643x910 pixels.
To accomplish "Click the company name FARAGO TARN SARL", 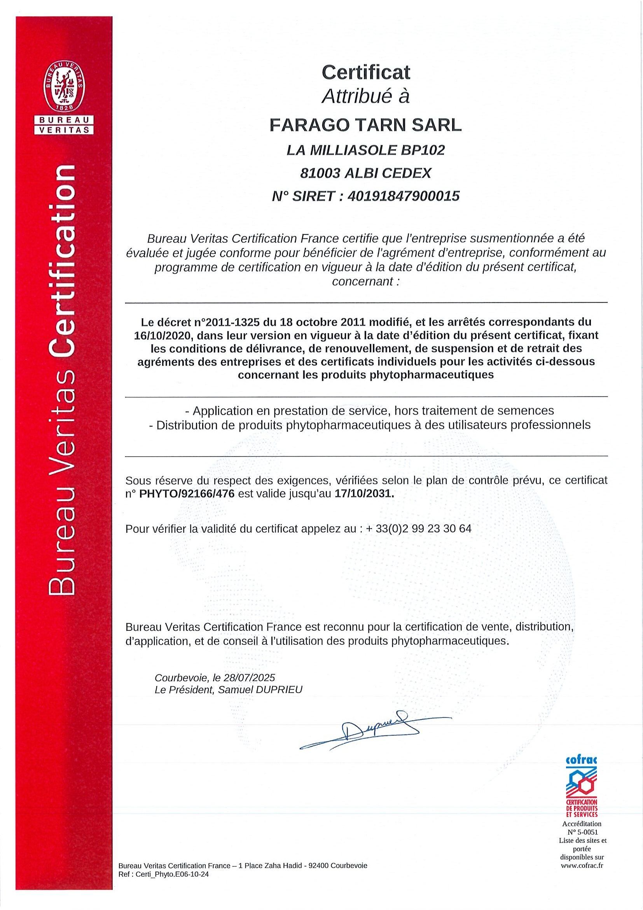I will tap(366, 125).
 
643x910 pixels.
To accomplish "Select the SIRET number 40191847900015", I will tap(403, 196).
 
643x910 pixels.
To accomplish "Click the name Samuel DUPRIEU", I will tap(260, 690).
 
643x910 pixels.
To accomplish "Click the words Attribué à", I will tap(366, 96).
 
